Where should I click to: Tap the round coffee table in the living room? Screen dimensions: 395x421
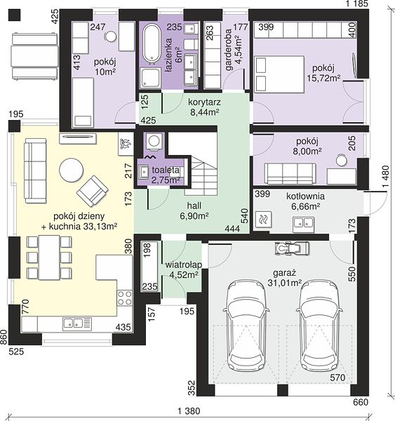click(71, 171)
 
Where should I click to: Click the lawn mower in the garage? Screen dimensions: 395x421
click(292, 248)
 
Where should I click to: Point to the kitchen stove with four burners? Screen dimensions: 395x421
click(125, 298)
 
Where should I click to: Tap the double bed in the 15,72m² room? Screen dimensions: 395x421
click(279, 74)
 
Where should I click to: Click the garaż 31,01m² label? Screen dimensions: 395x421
click(284, 278)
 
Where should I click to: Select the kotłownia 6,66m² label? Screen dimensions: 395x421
click(306, 201)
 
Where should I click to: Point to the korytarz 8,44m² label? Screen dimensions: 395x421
click(204, 107)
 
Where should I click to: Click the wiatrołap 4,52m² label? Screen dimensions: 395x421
click(184, 269)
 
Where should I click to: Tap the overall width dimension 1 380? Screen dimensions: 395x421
click(189, 411)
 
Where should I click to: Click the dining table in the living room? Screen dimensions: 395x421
click(49, 258)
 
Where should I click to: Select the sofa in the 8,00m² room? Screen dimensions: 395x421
click(290, 174)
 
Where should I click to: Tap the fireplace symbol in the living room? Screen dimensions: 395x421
click(125, 144)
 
